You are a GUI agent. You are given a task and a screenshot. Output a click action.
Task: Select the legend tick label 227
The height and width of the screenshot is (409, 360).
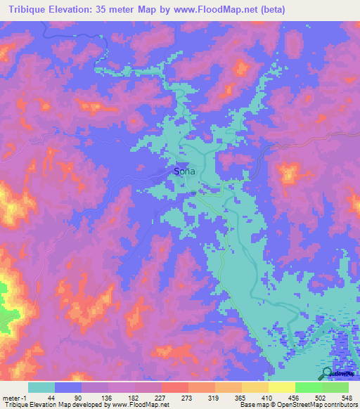pyautogui.click(x=160, y=397)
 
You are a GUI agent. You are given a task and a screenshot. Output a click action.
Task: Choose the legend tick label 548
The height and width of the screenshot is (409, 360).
pyautogui.click(x=347, y=397)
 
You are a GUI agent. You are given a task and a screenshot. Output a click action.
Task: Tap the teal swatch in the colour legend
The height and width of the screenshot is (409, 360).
pyautogui.click(x=41, y=387)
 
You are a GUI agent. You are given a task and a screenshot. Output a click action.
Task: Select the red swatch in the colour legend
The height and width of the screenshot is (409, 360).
pyautogui.click(x=175, y=387)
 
